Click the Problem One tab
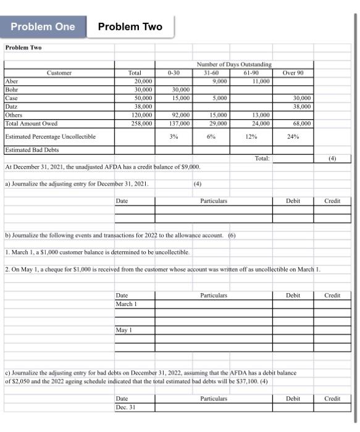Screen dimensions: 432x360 coord(43,27)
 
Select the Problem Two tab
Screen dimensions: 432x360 coord(130,27)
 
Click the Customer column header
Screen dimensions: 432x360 coord(59,72)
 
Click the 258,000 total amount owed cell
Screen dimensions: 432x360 coord(141,123)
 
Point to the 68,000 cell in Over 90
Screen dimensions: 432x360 coord(299,123)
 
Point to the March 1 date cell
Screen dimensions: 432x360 coord(125,304)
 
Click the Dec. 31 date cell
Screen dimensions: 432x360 coord(126,407)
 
